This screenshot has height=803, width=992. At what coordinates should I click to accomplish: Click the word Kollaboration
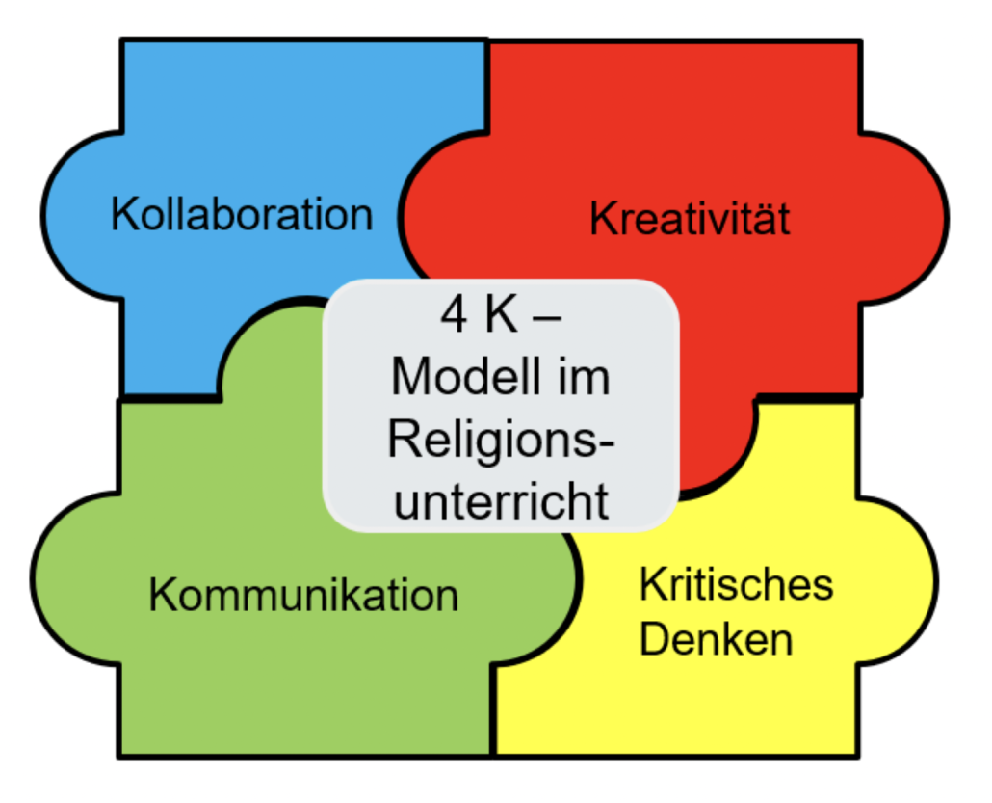(241, 213)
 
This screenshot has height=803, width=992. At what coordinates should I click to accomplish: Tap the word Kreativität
(690, 219)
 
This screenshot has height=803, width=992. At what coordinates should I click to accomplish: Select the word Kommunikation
(303, 595)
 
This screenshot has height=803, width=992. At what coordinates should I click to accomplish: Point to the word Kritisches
(737, 584)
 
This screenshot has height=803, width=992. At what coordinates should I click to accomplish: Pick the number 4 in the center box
(454, 316)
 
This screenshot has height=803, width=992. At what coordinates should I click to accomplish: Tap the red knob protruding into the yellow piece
(713, 453)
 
